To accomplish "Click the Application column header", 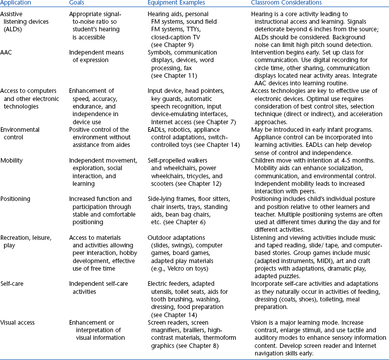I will click(x=17, y=4).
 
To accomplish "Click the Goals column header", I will click(x=78, y=4).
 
